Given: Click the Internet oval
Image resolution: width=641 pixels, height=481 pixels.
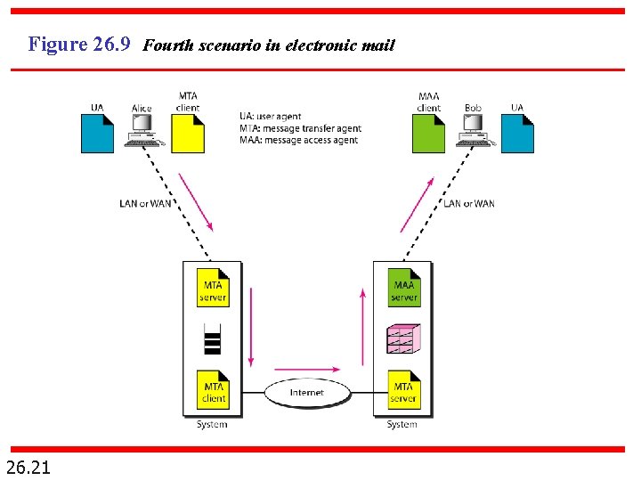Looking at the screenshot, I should point(306,392).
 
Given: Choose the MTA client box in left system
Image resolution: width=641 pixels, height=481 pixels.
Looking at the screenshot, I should point(213,389).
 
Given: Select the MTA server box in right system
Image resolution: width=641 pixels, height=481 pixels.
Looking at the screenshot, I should point(403,389).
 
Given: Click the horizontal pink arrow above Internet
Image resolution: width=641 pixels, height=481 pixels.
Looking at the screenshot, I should point(306,368).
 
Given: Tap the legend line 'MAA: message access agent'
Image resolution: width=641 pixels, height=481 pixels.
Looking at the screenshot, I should point(298,140).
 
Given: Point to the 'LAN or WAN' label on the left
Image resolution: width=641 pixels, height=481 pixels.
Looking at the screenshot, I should point(145,204).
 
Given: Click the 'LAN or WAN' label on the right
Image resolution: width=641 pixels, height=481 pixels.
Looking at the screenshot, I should point(468,204).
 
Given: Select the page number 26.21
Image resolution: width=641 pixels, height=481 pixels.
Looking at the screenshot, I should point(28,466).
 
